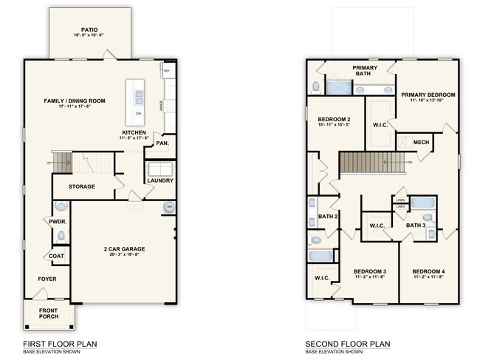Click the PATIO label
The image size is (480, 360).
[x=89, y=30]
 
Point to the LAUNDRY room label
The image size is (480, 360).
[x=160, y=180]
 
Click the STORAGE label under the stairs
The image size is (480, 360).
[x=82, y=186]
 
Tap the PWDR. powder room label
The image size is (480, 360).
[x=58, y=221]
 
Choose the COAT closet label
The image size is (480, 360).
[x=58, y=256]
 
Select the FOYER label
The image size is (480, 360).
[x=48, y=279]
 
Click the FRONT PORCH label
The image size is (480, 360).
[x=49, y=313]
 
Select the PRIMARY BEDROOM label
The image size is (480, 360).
[x=428, y=95]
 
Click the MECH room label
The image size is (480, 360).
[x=421, y=143]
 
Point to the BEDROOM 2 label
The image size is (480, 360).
[x=334, y=119]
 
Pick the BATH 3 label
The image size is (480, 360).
[x=416, y=225]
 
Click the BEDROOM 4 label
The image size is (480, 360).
[x=428, y=271]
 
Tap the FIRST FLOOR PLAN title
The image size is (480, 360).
[x=61, y=344]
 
